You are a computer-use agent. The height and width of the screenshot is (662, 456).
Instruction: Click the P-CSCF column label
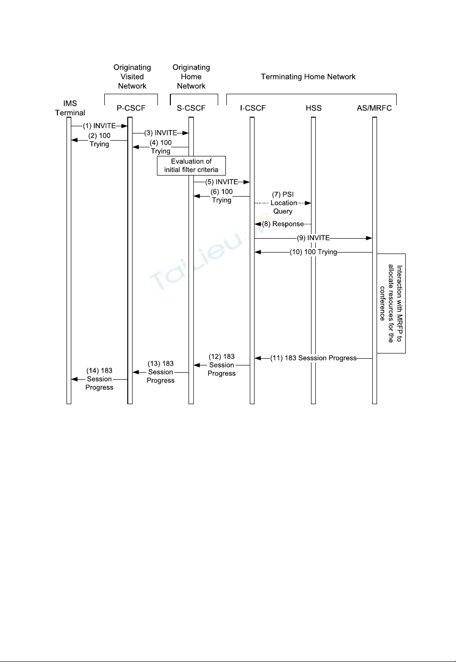[x=131, y=108]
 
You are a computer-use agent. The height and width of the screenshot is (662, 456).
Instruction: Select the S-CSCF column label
[x=191, y=108]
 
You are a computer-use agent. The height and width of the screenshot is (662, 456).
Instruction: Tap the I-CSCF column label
[x=253, y=108]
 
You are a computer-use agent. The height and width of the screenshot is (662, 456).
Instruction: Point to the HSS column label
[x=313, y=108]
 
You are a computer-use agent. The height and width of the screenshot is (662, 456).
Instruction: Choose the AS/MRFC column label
[x=374, y=108]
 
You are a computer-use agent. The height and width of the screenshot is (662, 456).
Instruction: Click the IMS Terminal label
[x=70, y=108]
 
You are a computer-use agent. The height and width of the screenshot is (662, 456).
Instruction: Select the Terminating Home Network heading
[x=308, y=77]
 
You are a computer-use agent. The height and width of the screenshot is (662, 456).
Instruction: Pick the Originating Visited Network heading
[x=132, y=77]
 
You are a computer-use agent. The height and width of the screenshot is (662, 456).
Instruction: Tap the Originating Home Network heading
[x=191, y=77]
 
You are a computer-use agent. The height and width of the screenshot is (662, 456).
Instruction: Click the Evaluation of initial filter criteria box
[x=191, y=166]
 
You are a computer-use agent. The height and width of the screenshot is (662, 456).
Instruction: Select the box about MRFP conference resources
[x=391, y=303]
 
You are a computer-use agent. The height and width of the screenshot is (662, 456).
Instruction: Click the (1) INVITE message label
[x=99, y=126]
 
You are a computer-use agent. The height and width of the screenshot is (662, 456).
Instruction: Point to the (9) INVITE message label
[x=313, y=238]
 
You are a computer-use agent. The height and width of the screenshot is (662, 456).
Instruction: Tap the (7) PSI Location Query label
[x=283, y=203]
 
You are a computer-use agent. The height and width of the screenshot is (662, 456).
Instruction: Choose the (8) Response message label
[x=283, y=224]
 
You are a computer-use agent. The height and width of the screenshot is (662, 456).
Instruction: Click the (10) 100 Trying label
[x=313, y=252]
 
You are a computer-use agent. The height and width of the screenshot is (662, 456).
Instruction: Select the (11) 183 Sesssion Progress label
[x=313, y=358]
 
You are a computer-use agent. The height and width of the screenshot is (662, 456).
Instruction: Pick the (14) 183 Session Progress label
[x=100, y=379]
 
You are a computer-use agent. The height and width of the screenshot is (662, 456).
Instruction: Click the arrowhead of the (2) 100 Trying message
[x=75, y=140]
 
